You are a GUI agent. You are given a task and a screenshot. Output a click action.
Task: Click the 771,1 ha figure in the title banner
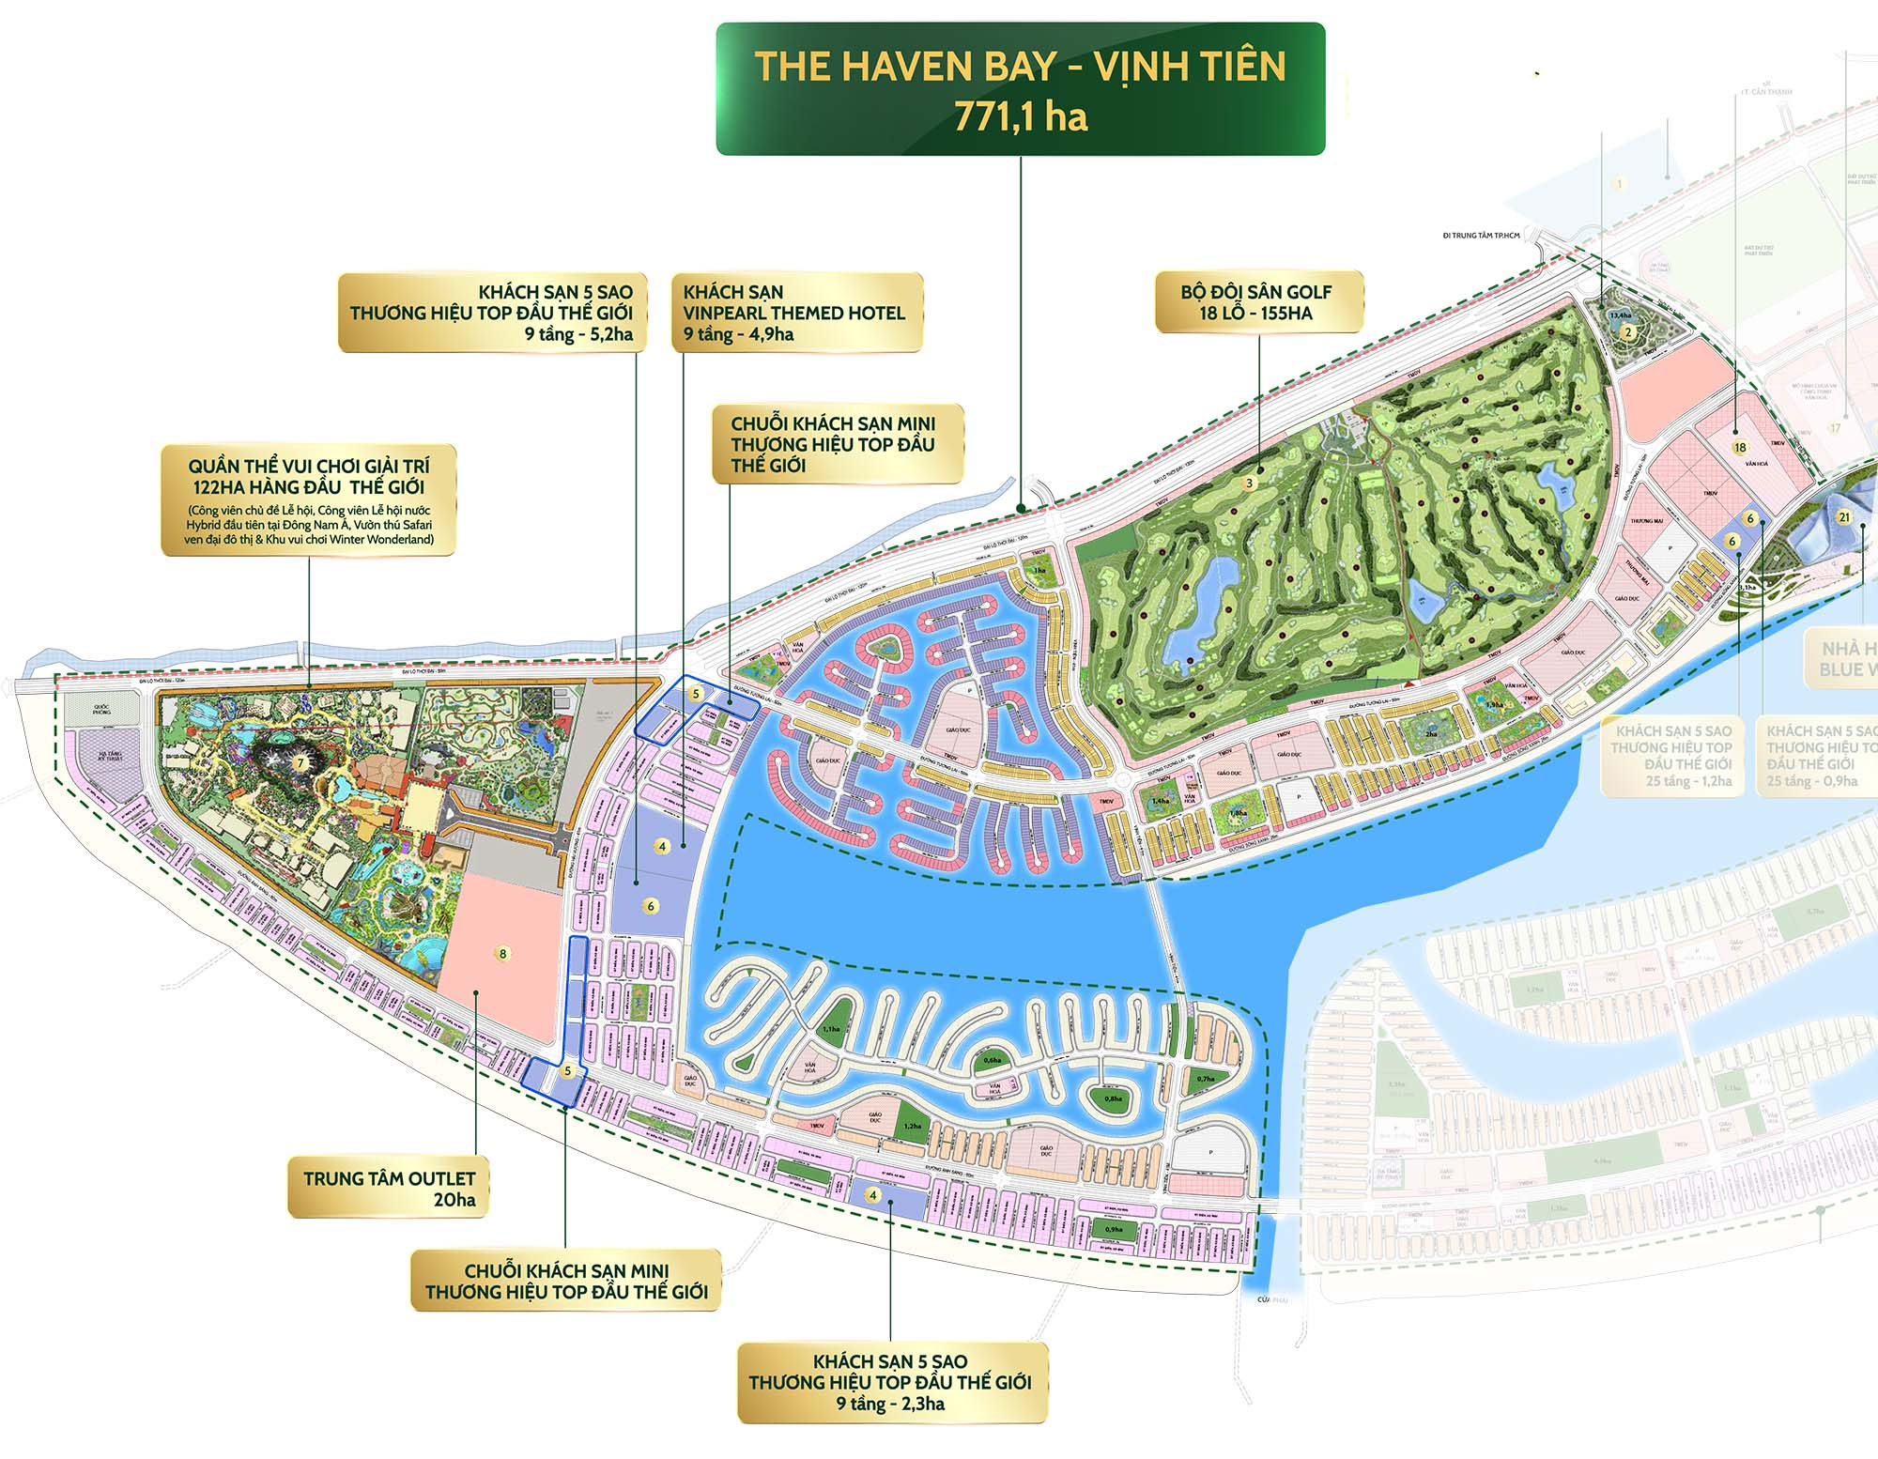pyautogui.click(x=1021, y=117)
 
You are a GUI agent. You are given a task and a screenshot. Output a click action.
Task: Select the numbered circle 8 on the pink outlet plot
pyautogui.click(x=502, y=954)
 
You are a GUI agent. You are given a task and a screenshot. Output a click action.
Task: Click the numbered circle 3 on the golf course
pyautogui.click(x=1249, y=484)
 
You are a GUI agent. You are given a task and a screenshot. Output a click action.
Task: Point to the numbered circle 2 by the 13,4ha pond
pyautogui.click(x=1629, y=330)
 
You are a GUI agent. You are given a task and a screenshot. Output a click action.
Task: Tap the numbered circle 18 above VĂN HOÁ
pyautogui.click(x=1740, y=448)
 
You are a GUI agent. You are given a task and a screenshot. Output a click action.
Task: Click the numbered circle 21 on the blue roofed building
pyautogui.click(x=1844, y=517)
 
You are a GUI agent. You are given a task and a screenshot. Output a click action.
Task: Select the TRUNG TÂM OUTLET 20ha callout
pyautogui.click(x=389, y=1189)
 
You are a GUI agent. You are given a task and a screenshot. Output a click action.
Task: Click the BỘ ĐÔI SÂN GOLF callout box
pyautogui.click(x=1256, y=302)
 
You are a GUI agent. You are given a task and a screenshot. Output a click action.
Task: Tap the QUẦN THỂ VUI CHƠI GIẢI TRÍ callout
pyautogui.click(x=308, y=499)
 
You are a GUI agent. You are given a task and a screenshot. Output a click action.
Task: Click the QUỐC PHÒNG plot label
pyautogui.click(x=101, y=709)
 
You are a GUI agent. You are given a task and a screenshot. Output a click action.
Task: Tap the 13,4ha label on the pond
pyautogui.click(x=1620, y=315)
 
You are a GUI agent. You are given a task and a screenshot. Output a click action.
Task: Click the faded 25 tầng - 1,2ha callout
pyautogui.click(x=1671, y=756)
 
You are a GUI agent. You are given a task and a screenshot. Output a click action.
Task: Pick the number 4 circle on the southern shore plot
pyautogui.click(x=873, y=1195)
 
